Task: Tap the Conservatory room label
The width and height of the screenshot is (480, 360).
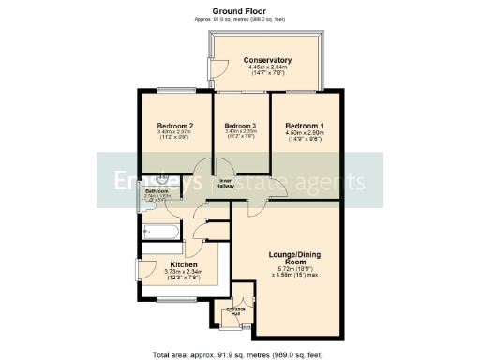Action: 269,58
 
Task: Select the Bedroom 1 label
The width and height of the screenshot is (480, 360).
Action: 305,126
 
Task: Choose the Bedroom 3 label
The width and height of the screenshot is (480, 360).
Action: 240,126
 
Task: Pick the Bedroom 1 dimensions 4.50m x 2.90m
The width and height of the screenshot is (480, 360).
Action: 305,133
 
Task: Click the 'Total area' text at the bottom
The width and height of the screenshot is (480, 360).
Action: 240,353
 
